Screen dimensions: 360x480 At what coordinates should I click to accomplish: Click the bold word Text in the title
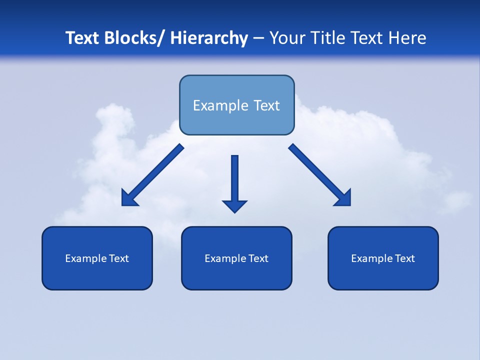[x=82, y=38]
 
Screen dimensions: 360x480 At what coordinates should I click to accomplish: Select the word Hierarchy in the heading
[x=209, y=38]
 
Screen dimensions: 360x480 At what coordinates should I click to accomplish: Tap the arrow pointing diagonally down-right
[x=320, y=175]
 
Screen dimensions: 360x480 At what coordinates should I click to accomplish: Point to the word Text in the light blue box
[x=265, y=105]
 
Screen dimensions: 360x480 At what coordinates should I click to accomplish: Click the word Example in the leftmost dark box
[x=83, y=258]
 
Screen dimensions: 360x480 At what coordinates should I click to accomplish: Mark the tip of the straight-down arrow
[x=234, y=212]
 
